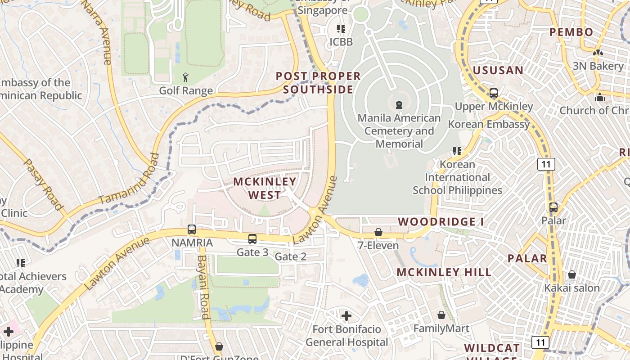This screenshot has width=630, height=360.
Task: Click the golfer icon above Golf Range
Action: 186,78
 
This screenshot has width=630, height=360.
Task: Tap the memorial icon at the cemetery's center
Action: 399,105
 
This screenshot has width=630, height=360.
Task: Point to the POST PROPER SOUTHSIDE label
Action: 318,83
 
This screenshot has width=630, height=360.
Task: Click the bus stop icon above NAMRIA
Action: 192,229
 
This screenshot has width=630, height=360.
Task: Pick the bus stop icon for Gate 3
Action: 252,239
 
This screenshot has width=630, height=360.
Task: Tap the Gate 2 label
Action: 290,256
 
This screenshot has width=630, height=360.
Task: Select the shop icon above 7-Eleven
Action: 378,232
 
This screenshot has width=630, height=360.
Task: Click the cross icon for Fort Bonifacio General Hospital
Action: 346,316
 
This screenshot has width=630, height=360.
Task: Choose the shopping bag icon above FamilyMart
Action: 441,315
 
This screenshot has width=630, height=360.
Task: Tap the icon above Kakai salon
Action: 572,274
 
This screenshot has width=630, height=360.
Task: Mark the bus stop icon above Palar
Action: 553,207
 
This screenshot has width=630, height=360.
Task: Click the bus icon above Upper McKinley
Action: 494,93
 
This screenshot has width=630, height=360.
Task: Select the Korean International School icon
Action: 457,151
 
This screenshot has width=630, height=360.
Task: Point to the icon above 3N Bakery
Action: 598,53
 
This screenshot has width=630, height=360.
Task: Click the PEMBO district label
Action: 571,32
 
